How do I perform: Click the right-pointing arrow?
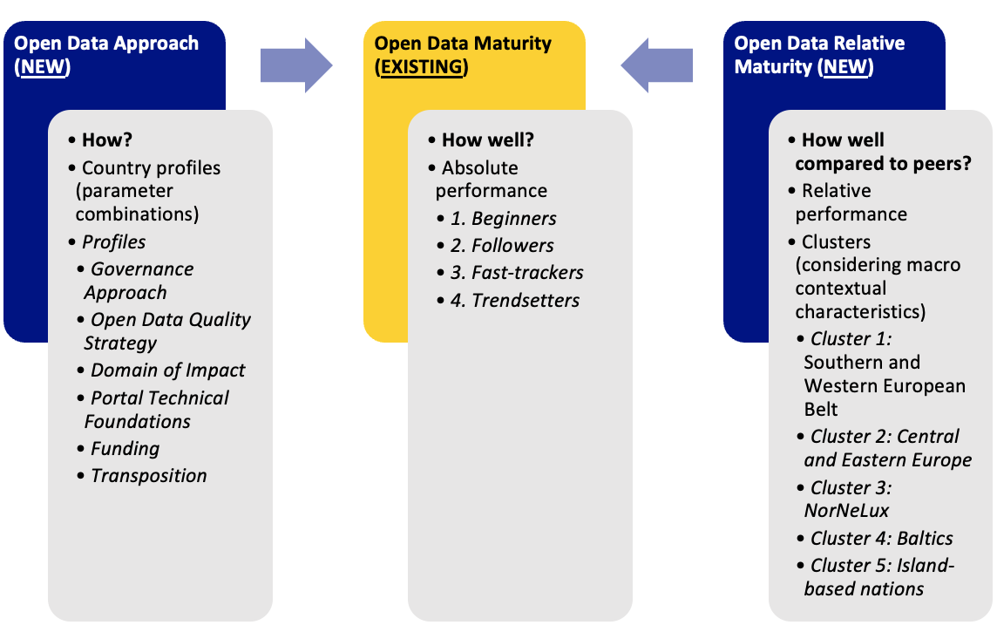pyautogui.click(x=296, y=65)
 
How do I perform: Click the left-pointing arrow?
pyautogui.click(x=656, y=65)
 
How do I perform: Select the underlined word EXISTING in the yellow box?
pyautogui.click(x=422, y=67)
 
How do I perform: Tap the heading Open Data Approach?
pyautogui.click(x=106, y=44)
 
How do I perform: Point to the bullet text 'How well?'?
pyautogui.click(x=487, y=140)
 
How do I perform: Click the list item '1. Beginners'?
pyautogui.click(x=503, y=219)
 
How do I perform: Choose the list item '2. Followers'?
pyautogui.click(x=502, y=246)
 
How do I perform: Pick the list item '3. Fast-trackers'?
pyautogui.click(x=517, y=273)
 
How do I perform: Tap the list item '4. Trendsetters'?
pyautogui.click(x=515, y=301)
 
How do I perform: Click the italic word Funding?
pyautogui.click(x=125, y=449)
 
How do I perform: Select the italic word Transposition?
pyautogui.click(x=148, y=476)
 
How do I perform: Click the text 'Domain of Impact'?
pyautogui.click(x=167, y=370)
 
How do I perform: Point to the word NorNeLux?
pyautogui.click(x=846, y=510)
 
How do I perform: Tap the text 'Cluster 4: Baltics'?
pyautogui.click(x=881, y=538)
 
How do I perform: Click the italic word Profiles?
pyautogui.click(x=113, y=242)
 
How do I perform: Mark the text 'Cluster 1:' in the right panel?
pyautogui.click(x=851, y=338)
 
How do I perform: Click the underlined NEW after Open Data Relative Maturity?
pyautogui.click(x=846, y=67)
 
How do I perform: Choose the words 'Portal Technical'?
pyautogui.click(x=159, y=398)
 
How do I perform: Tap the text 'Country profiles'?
pyautogui.click(x=151, y=167)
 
